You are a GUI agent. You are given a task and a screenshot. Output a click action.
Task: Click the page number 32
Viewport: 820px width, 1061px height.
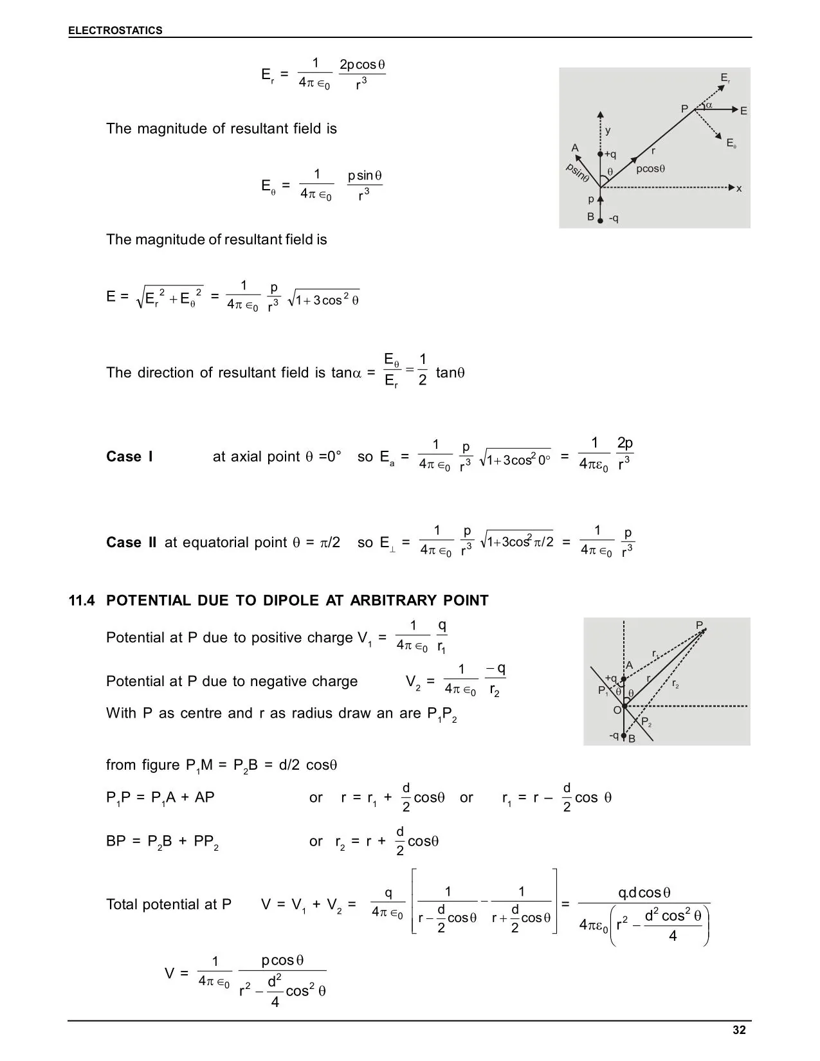[x=739, y=1030]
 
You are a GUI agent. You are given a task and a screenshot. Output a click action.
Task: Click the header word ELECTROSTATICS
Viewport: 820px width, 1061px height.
[x=116, y=30]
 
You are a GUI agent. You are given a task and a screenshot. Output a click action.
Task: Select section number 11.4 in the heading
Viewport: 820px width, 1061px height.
[x=82, y=601]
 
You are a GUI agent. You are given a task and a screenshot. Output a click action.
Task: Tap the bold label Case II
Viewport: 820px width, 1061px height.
[x=131, y=543]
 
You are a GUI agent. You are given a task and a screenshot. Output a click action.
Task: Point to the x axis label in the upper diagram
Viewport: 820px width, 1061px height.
[x=740, y=188]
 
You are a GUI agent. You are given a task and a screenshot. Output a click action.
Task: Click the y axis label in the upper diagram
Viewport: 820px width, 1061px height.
[x=608, y=131]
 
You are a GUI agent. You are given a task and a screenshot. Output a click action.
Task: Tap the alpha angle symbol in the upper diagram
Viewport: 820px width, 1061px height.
[x=709, y=104]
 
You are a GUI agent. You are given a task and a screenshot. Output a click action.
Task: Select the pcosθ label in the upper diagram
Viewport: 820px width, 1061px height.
[x=650, y=169]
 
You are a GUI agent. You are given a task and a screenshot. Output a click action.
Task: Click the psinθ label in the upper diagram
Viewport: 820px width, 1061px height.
[x=578, y=172]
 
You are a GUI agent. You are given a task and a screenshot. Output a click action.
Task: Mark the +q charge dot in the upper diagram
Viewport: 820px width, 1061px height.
[x=600, y=154]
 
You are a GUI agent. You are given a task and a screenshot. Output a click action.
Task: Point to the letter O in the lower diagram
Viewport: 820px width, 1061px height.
[x=617, y=710]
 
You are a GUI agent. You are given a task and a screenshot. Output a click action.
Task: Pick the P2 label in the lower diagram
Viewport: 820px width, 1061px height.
[x=646, y=723]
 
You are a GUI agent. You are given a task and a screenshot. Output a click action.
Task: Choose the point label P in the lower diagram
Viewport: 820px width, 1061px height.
[x=699, y=625]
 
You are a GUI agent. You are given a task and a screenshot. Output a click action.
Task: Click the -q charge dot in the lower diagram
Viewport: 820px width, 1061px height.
[x=623, y=736]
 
